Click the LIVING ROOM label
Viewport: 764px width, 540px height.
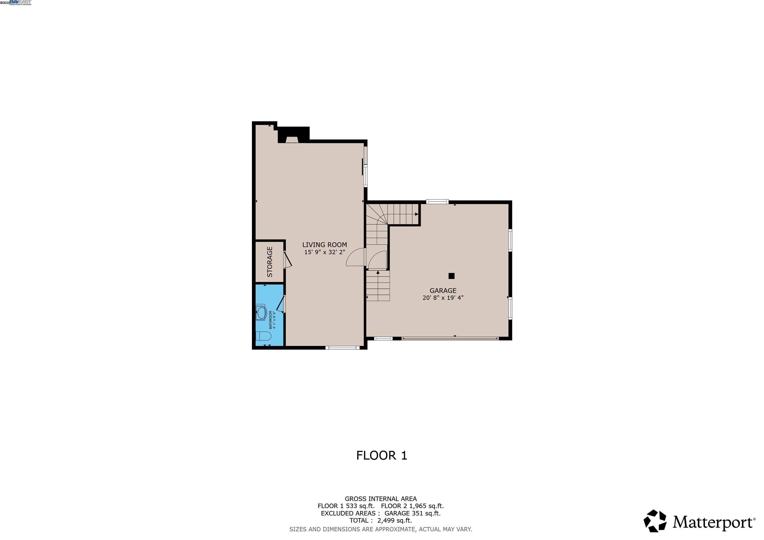tap(324, 245)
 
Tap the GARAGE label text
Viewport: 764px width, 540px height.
tap(443, 291)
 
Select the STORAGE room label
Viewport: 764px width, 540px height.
tap(270, 262)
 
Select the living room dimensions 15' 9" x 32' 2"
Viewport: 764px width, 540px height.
tap(324, 252)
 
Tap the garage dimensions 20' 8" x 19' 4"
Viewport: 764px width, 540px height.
tap(443, 298)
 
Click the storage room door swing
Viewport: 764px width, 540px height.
tap(288, 260)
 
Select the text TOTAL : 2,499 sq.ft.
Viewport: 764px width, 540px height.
tap(380, 521)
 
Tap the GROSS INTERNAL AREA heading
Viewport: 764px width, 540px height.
tap(380, 499)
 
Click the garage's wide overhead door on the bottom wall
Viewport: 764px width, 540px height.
tap(450, 339)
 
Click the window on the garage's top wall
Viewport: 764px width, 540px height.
tap(437, 201)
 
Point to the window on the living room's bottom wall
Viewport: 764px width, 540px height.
tap(342, 348)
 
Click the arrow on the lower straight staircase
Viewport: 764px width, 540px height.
tap(378, 273)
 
